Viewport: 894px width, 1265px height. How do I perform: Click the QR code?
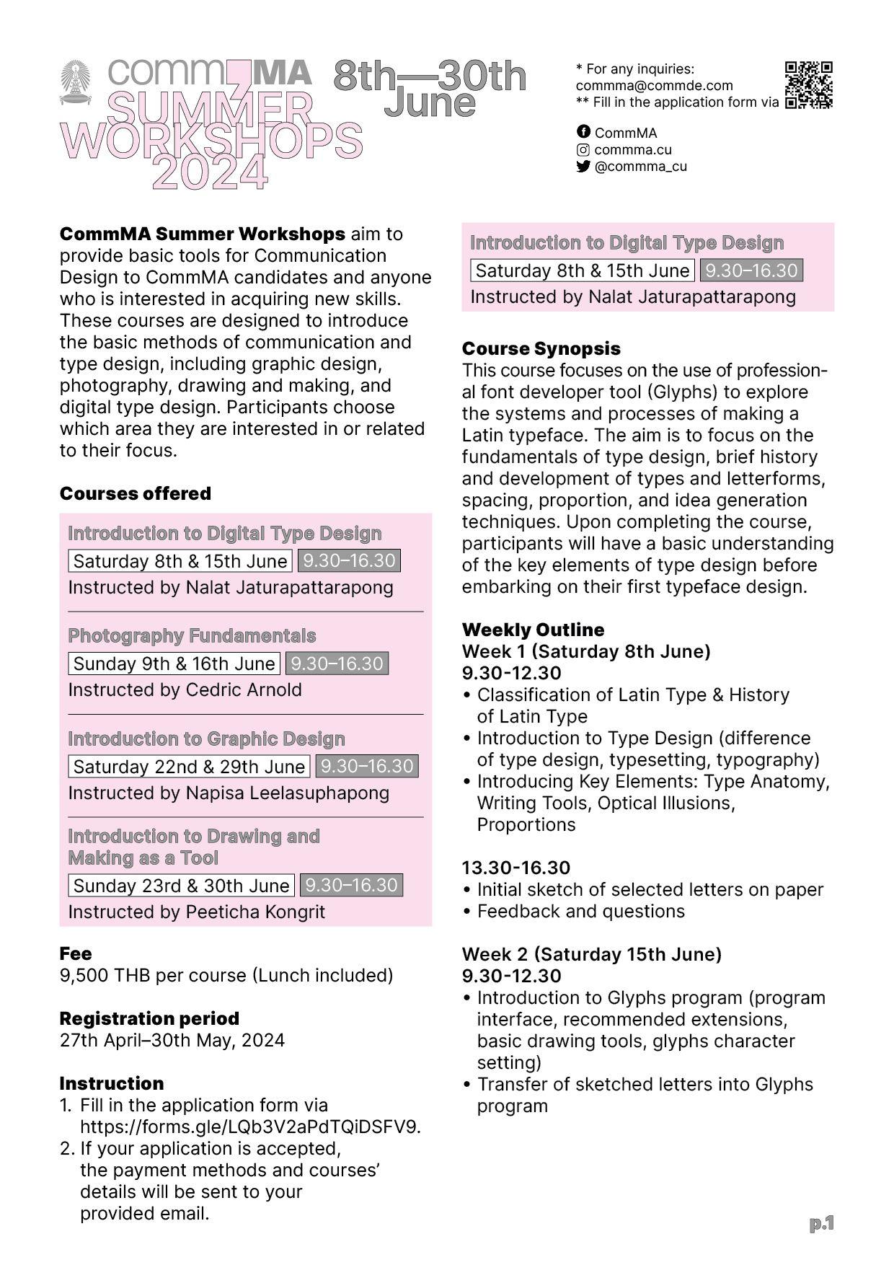click(x=808, y=85)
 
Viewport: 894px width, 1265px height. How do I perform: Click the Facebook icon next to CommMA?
click(x=583, y=132)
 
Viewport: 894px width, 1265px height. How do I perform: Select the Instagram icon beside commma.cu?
click(x=583, y=149)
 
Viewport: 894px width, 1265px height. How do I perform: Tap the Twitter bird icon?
click(x=583, y=166)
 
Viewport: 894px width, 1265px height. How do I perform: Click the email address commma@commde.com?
click(x=654, y=85)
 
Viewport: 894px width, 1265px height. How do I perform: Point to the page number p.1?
click(x=821, y=1223)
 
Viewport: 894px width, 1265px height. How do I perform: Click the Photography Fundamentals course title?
click(x=192, y=635)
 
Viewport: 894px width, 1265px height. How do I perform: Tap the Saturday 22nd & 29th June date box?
click(x=189, y=766)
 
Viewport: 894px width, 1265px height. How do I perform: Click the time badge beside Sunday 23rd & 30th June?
click(x=350, y=885)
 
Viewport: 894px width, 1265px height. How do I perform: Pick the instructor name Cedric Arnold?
click(x=244, y=689)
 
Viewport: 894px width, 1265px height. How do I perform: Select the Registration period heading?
click(x=149, y=1018)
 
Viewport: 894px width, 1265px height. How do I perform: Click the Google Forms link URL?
click(x=250, y=1127)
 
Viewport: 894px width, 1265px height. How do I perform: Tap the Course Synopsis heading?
click(x=541, y=348)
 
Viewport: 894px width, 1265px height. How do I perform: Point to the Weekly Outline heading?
click(x=533, y=630)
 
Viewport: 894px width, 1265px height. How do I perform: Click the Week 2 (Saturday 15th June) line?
click(x=591, y=954)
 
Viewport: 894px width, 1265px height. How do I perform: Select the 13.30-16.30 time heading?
click(x=515, y=868)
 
